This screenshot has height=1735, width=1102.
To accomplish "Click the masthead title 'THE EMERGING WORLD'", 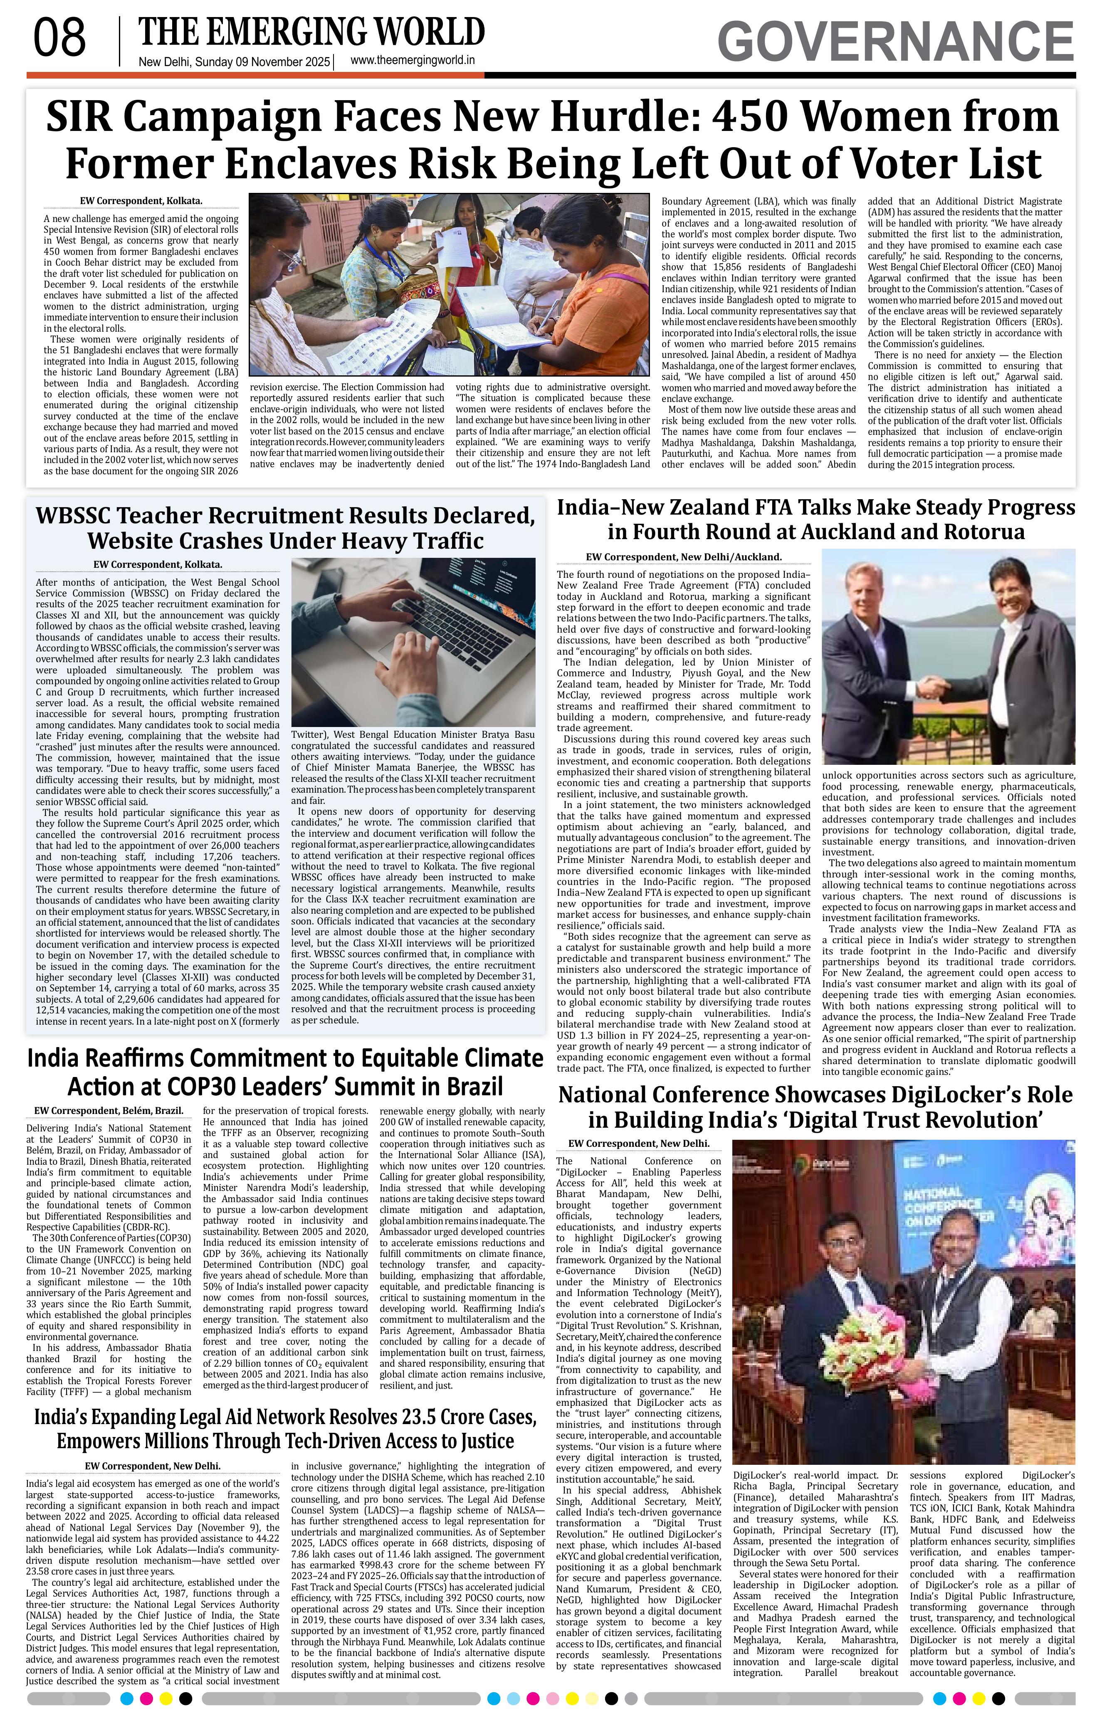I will pos(311,32).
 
